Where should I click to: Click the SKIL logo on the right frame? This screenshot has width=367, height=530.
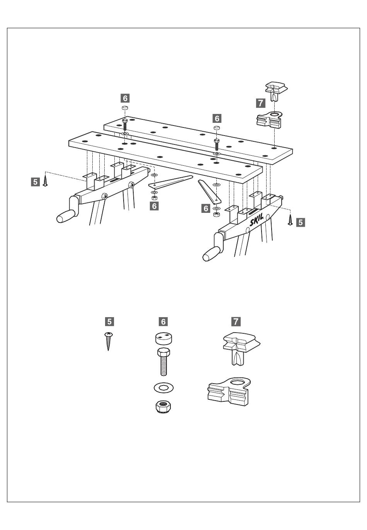[257, 220]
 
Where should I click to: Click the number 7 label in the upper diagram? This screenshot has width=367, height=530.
[260, 103]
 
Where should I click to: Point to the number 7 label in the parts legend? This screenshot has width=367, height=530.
[236, 321]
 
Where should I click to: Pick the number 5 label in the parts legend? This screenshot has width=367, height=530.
[109, 321]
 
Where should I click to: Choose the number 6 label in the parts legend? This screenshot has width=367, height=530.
[163, 321]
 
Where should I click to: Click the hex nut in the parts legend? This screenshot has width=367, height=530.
[163, 407]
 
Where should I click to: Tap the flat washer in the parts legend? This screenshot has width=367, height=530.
[163, 387]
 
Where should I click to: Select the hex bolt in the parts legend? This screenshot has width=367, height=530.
[163, 362]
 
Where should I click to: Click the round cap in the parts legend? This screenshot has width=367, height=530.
[163, 338]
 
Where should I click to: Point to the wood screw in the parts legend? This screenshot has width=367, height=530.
[109, 341]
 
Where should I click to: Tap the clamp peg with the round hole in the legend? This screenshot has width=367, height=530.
[229, 392]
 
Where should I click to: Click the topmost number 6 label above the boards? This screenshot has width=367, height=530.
[125, 98]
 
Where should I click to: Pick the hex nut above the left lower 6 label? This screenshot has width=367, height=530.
[154, 197]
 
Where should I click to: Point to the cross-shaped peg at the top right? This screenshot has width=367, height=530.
[276, 91]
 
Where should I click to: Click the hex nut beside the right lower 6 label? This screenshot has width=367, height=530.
[216, 214]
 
